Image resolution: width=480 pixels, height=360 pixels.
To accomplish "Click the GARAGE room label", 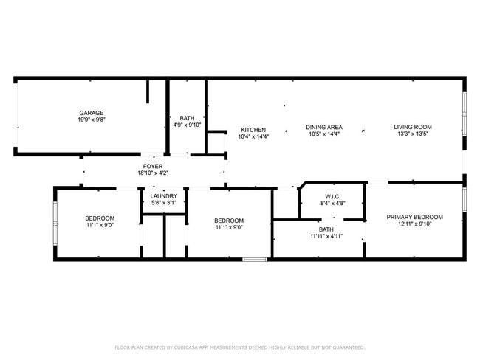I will tap(92, 113).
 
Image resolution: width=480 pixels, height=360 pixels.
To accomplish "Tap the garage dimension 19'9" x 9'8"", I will tap(92, 120).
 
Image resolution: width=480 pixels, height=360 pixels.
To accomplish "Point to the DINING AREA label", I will tap(323, 127).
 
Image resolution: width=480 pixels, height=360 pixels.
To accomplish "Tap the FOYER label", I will tap(153, 166).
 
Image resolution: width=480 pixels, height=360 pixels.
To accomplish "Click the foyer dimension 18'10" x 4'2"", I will tap(153, 173).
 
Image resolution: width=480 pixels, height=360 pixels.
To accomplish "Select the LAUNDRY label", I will tap(163, 196).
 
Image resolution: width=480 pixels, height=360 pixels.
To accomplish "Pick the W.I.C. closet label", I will tap(332, 195).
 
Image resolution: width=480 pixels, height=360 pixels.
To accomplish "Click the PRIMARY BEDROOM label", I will tap(414, 217).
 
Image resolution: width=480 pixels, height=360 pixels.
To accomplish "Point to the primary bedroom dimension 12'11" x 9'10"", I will tap(414, 224).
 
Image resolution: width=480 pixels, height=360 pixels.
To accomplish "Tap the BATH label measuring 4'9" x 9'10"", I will tap(187, 118).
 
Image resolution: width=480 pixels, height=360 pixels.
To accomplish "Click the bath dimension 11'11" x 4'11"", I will tap(326, 237).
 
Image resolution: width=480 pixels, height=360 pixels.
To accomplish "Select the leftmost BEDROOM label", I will tap(100, 218).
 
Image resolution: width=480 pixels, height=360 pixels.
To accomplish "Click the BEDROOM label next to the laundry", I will tap(229, 221).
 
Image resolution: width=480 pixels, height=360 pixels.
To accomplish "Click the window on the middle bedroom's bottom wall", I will tap(255, 259).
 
